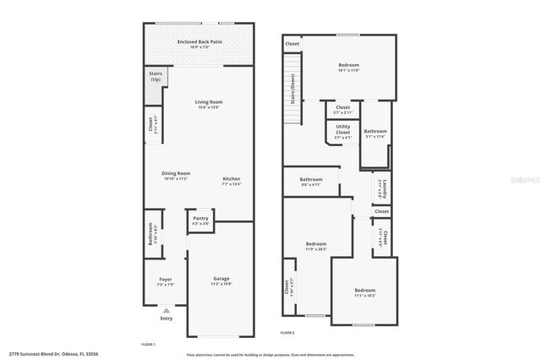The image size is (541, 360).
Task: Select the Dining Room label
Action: coord(176,175)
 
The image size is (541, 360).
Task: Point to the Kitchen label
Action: coord(232,180)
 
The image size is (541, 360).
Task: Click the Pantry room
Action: coord(200,219)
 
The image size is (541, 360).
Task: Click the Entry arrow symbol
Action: coord(166,311)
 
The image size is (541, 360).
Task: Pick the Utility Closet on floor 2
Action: coord(342,131)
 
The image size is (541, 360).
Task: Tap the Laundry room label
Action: coord(385,188)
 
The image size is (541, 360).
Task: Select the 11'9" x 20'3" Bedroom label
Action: coord(315,246)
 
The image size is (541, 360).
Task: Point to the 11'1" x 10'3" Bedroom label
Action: coord(364,292)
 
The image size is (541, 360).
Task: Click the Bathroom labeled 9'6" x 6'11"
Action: coord(311,181)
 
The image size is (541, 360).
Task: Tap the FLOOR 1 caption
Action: coord(148,344)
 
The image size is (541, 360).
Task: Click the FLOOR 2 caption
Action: coord(287,332)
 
